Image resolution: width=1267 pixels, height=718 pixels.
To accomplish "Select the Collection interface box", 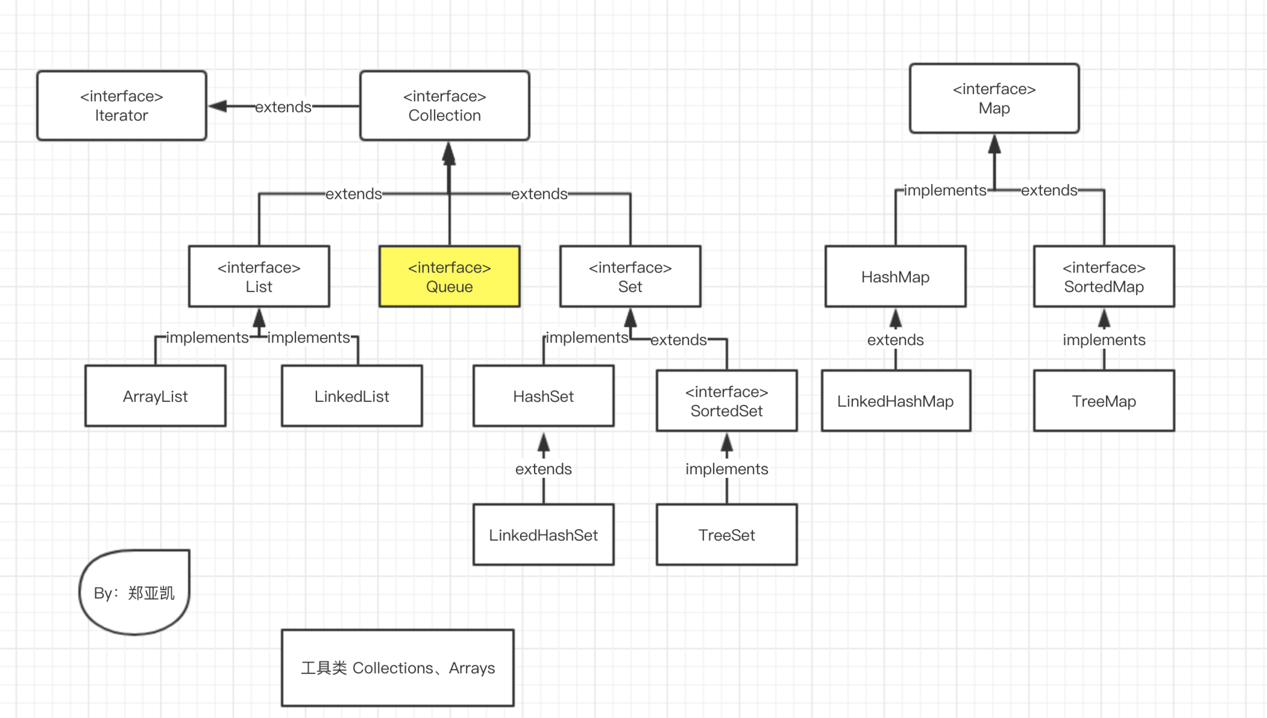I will coord(444,106).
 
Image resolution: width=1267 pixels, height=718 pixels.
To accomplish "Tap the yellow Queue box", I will coord(449,277).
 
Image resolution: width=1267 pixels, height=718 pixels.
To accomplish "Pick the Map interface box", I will coord(994,98).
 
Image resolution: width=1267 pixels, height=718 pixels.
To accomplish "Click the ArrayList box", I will coord(155,396).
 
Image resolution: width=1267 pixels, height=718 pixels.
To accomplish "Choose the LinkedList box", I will coord(352,396).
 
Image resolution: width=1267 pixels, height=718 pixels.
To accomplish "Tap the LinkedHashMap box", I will coord(896,401).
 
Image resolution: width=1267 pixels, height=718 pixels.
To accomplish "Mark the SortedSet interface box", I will coord(727,401).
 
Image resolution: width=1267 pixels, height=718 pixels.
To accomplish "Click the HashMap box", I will coord(896,277).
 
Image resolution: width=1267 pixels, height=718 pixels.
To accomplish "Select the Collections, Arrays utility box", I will coord(398,668).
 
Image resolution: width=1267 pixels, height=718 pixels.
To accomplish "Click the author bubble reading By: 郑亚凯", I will coord(134,592).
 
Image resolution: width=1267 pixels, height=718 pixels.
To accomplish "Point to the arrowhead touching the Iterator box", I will coord(218,106).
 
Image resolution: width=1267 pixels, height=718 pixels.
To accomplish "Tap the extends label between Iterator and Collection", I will coord(283,106).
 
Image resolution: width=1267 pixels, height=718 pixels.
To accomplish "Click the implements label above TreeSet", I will coord(727,469).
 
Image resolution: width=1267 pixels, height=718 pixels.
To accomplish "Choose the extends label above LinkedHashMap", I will coord(896,340).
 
